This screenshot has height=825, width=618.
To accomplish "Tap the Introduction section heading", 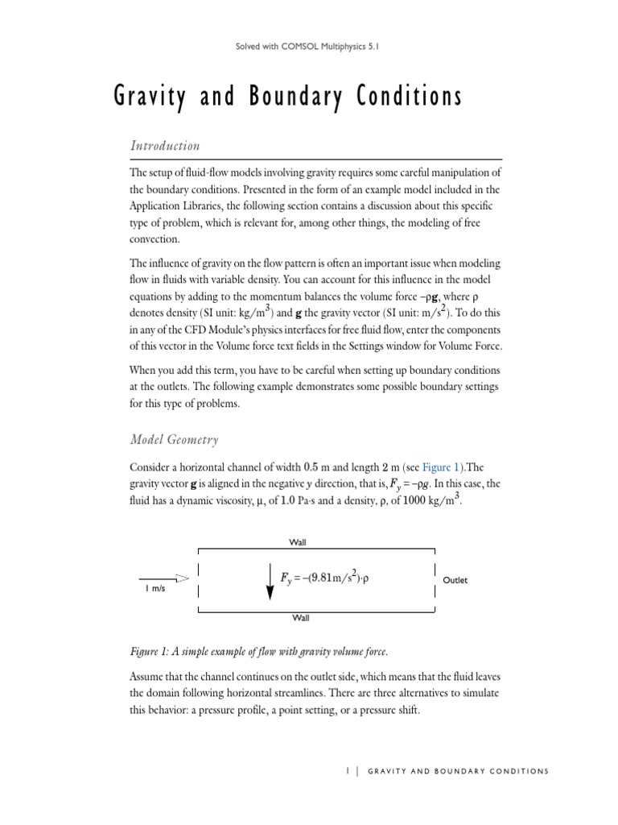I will coord(164,146).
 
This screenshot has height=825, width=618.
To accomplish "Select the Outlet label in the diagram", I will coord(455,579).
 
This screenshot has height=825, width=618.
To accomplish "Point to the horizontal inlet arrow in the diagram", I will coord(164,578).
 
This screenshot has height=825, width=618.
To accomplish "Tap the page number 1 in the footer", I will coord(347,771).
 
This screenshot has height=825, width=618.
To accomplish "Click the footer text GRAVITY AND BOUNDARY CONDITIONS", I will coord(458,771).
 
